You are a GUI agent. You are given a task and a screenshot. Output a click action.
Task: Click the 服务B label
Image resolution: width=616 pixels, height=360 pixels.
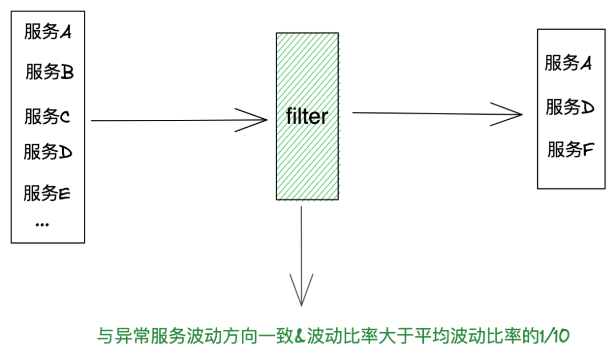pyautogui.click(x=49, y=72)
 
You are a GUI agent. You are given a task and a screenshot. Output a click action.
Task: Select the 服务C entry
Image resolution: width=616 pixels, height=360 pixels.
pyautogui.click(x=47, y=117)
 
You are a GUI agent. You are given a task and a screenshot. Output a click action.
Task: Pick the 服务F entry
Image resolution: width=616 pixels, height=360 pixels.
pyautogui.click(x=571, y=149)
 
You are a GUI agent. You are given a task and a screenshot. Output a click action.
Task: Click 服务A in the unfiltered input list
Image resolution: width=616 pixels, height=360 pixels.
pyautogui.click(x=48, y=32)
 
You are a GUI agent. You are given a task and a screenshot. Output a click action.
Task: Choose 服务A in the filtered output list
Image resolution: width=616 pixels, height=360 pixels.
pyautogui.click(x=568, y=63)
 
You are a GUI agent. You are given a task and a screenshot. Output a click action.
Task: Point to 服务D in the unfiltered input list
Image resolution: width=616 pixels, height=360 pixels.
pyautogui.click(x=48, y=152)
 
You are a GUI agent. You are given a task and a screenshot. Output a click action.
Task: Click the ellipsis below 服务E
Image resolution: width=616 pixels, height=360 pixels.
pyautogui.click(x=42, y=224)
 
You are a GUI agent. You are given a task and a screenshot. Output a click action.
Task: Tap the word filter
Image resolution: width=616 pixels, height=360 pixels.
pyautogui.click(x=307, y=116)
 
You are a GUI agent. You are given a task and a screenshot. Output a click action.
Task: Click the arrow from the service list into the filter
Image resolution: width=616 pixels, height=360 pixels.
pyautogui.click(x=179, y=120)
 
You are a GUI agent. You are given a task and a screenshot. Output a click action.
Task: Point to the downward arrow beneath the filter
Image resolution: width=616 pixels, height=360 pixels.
pyautogui.click(x=301, y=257)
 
